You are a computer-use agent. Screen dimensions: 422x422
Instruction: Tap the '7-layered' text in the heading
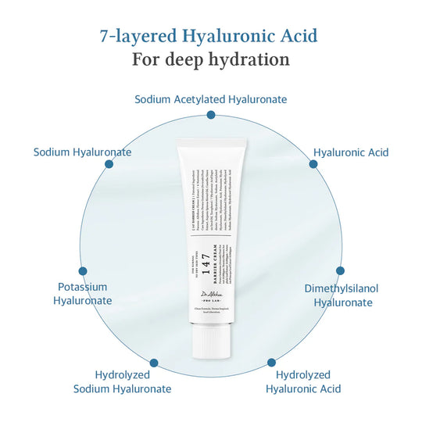[x=131, y=36]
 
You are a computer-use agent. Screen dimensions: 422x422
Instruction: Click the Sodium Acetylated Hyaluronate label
[x=210, y=99]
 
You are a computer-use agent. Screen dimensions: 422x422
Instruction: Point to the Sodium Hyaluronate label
[x=82, y=152]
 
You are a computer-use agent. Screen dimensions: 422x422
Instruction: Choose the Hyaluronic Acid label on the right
[x=351, y=152]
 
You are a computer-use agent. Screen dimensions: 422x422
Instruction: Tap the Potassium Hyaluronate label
[x=82, y=294]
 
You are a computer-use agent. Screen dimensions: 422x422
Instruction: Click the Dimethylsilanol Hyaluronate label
[x=341, y=295]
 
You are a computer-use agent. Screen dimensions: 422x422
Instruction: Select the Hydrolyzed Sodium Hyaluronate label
[x=122, y=381]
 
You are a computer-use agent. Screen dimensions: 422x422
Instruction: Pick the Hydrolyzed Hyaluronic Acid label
[x=303, y=381]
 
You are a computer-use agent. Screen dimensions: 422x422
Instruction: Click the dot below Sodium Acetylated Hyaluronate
[x=210, y=115]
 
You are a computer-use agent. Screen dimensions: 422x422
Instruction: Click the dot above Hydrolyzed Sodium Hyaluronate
[x=153, y=363]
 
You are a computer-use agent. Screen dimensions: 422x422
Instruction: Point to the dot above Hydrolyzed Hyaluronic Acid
[x=271, y=363]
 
